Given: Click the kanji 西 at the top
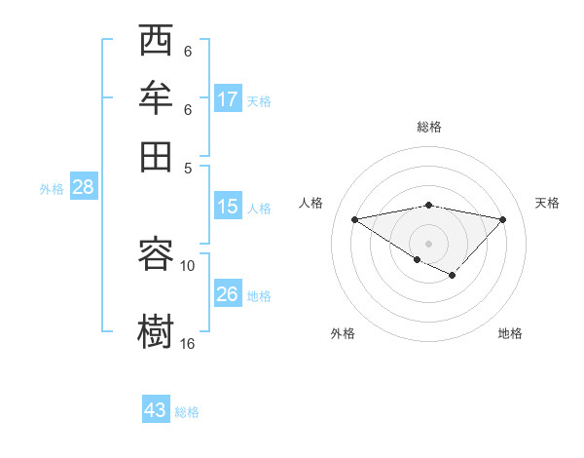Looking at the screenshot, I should point(156,44).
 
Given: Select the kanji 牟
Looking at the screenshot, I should point(156,99).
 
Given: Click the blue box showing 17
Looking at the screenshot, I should point(228,99).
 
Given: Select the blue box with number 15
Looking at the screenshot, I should point(227,207).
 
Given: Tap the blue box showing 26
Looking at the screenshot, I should point(228,294).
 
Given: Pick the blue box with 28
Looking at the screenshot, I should point(83,188).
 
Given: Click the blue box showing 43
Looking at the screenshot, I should point(156,410).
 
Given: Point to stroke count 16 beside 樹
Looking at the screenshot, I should point(188,344).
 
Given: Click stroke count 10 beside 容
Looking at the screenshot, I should point(188,265).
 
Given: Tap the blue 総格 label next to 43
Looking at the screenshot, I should point(188,412).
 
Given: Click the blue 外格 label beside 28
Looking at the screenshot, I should point(52,189).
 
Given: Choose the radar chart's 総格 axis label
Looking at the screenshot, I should point(428,127).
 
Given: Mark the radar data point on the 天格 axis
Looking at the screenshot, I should point(503,219).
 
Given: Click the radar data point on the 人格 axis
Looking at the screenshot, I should point(355,219).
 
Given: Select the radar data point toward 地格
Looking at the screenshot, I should point(452,276).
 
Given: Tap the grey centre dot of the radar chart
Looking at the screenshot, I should point(428,243).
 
